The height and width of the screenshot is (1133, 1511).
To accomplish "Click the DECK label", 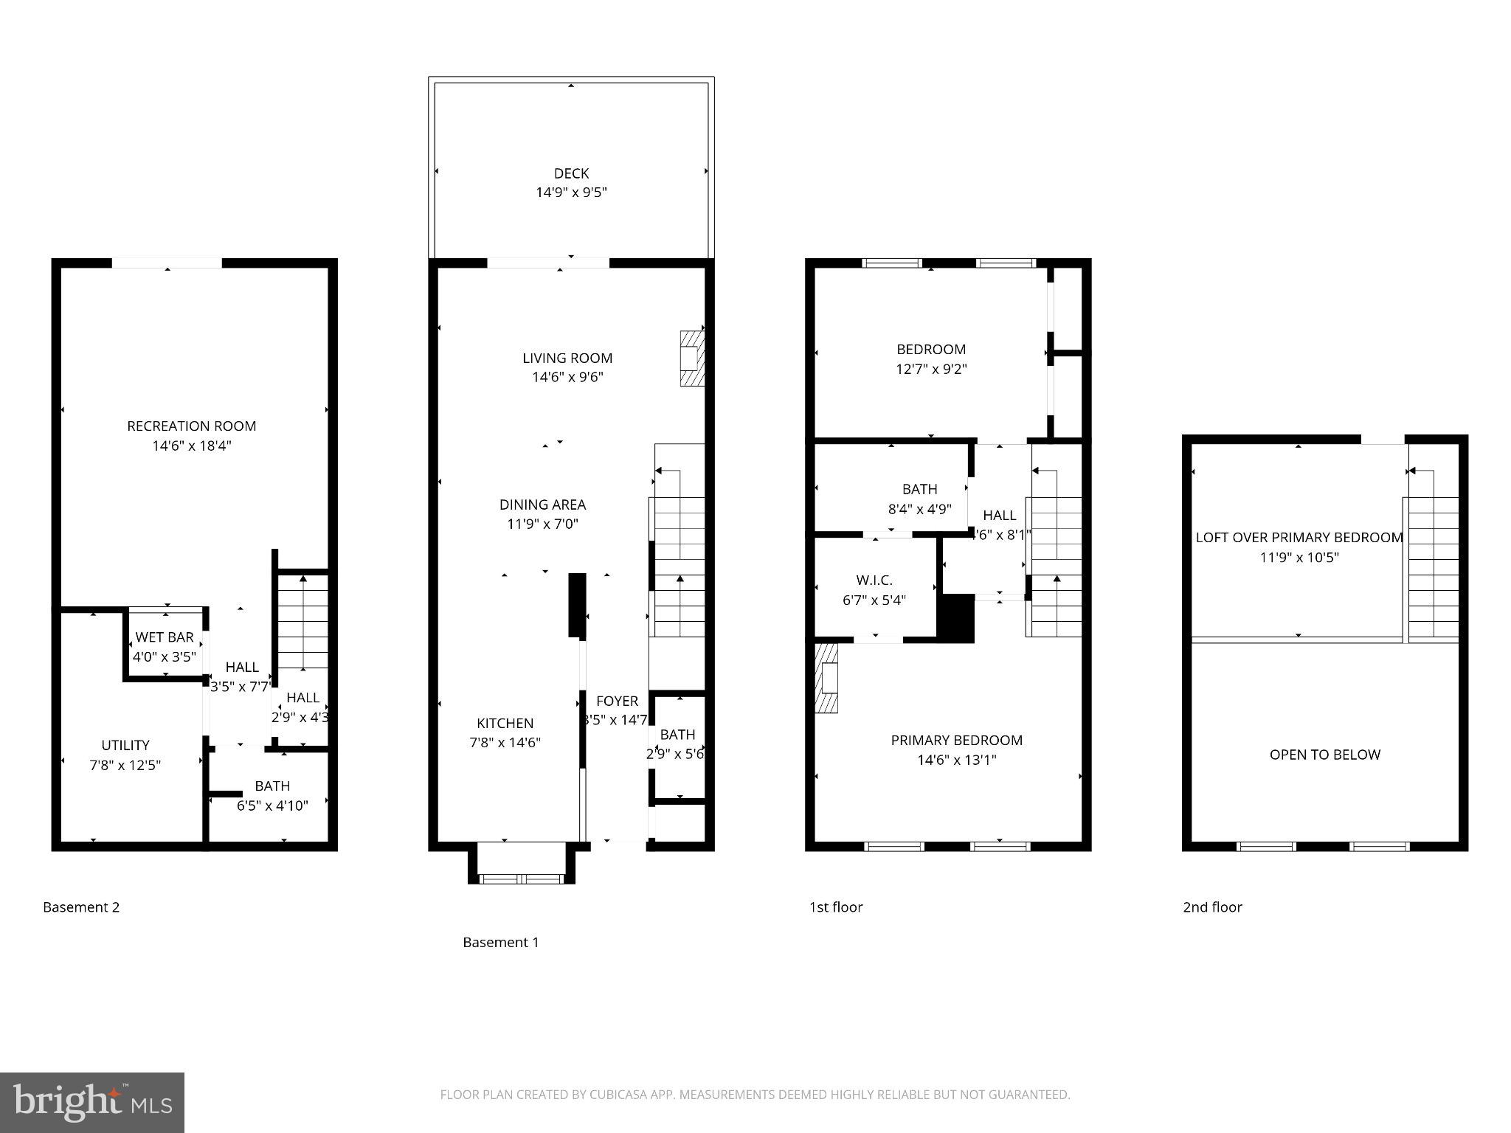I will click(571, 173).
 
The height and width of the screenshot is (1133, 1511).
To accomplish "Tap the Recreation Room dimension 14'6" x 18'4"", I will click(192, 446).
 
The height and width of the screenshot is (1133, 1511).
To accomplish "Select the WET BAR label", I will click(165, 637).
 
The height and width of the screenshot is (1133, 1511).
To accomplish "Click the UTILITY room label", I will click(125, 745).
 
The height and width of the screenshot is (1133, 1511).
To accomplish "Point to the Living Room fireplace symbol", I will click(691, 358).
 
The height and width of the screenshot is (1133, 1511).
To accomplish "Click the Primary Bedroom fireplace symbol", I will click(827, 678).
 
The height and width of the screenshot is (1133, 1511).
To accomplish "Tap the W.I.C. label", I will click(874, 581).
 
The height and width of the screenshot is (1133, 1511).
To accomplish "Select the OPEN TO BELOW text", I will click(1324, 755).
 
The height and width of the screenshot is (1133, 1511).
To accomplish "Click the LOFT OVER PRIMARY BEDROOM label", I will click(1299, 538).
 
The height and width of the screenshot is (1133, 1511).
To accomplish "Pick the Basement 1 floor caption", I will click(500, 942).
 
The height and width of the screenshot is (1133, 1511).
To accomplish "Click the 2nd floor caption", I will click(1212, 907).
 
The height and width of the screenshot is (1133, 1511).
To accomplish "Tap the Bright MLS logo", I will click(92, 1102).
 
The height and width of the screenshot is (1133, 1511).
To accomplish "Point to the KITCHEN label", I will click(505, 724).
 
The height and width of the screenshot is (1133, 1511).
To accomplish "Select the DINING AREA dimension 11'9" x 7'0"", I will click(542, 524).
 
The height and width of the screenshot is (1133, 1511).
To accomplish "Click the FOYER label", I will click(617, 701).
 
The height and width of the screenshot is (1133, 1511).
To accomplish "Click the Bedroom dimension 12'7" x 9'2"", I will click(931, 369).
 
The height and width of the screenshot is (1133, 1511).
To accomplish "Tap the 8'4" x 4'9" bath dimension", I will click(919, 509).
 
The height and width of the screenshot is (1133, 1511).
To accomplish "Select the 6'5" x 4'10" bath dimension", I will click(272, 805).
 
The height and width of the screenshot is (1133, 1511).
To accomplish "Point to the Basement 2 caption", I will click(81, 907).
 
